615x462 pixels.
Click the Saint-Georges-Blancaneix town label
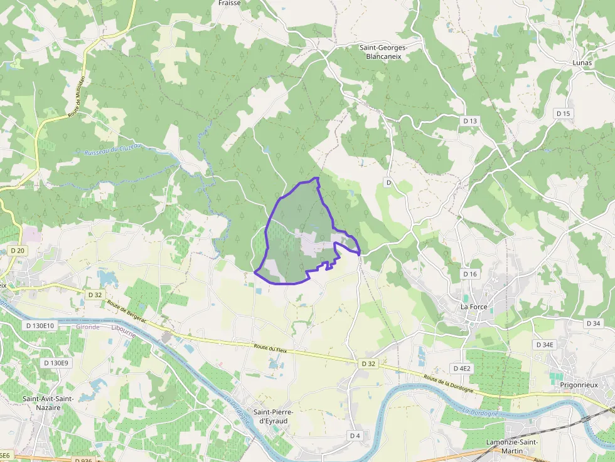pyautogui.click(x=383, y=51)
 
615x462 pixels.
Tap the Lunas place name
pyautogui.click(x=582, y=63)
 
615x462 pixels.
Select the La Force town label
pyautogui.click(x=474, y=307)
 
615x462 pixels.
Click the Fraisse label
pyautogui.click(x=229, y=3)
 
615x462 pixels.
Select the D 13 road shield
pyautogui.click(x=470, y=121)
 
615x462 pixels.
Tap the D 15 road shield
pyautogui.click(x=564, y=113)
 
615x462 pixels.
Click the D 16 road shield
pyautogui.click(x=470, y=274)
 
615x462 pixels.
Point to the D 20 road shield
pyautogui.click(x=18, y=250)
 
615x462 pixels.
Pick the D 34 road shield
pyautogui.click(x=593, y=323)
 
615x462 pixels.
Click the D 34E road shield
pyautogui.click(x=545, y=345)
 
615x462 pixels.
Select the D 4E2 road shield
pyautogui.click(x=461, y=368)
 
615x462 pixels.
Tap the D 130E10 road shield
pyautogui.click(x=41, y=326)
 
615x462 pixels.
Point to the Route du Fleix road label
pyautogui.click(x=270, y=349)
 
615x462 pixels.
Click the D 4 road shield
pyautogui.click(x=355, y=435)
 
